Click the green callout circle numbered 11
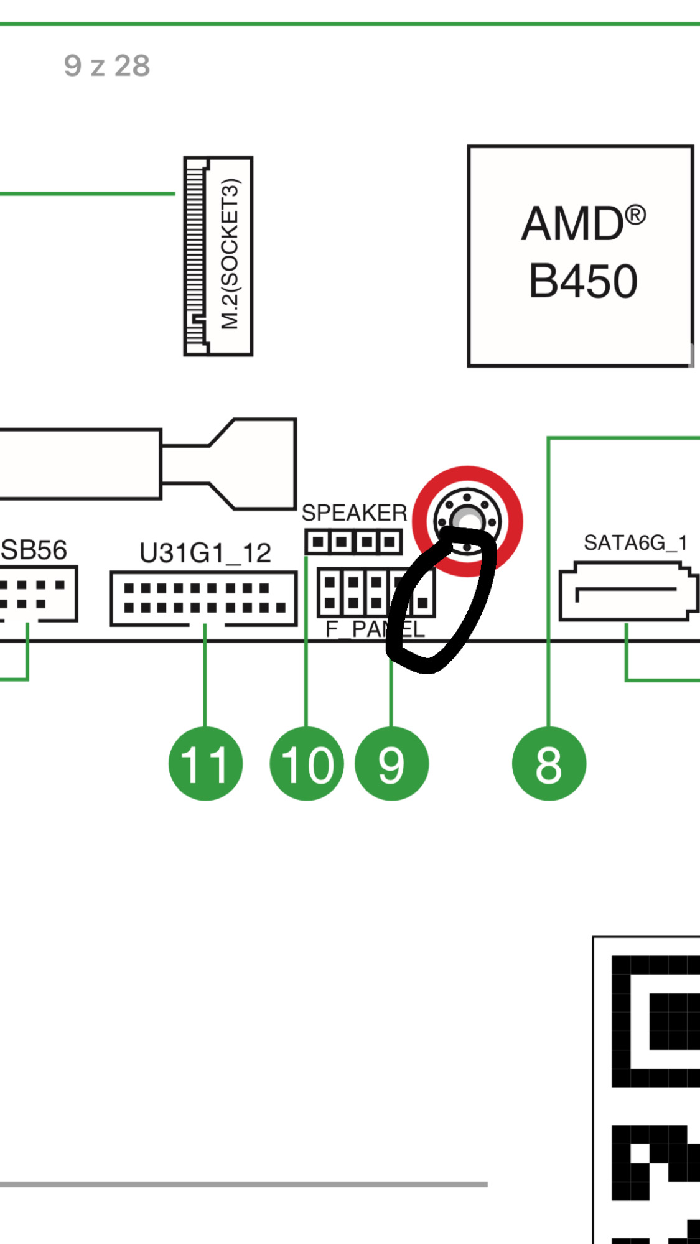pos(205,763)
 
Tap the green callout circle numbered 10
pos(306,763)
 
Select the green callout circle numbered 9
pos(391,763)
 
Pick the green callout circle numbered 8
pos(549,763)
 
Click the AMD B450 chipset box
pos(580,256)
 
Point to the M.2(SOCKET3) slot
pos(218,256)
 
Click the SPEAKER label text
pos(354,513)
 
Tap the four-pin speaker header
pos(353,542)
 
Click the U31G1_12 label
pos(205,553)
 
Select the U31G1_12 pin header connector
pos(203,598)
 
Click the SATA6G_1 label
pos(635,543)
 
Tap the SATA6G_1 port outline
pos(627,591)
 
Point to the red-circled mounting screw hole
pos(467,520)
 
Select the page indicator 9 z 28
pos(107,66)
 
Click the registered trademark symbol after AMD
pos(635,216)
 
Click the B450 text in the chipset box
pos(583,281)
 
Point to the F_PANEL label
pos(375,629)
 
